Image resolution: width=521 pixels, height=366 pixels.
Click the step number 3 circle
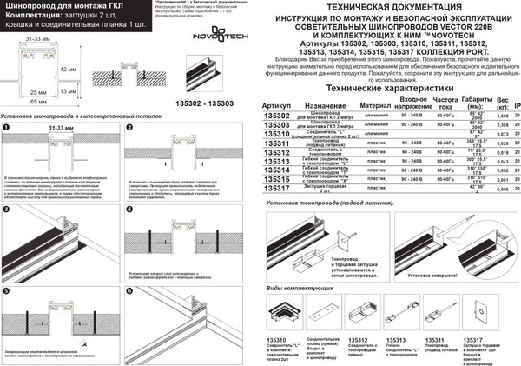(x=6, y=210)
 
